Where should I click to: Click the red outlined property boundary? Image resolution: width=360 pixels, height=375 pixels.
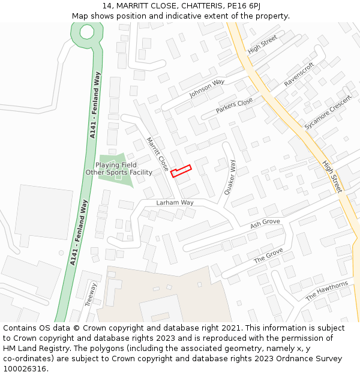click(181, 170)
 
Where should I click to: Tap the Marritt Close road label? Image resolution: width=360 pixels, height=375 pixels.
click(158, 154)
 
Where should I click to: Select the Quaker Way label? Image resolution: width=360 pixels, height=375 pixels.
click(230, 178)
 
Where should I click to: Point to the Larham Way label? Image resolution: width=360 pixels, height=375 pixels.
click(175, 203)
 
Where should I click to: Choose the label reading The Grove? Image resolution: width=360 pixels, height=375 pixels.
click(268, 256)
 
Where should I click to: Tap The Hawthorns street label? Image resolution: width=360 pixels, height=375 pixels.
click(326, 291)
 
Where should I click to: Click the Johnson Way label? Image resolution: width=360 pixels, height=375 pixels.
click(207, 88)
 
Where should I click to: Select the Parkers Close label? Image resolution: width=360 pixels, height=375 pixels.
click(235, 106)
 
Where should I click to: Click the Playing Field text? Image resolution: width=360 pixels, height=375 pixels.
click(116, 165)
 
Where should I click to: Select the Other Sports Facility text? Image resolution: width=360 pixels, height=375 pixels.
click(119, 173)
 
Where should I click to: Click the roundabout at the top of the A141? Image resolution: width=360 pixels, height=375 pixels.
click(86, 32)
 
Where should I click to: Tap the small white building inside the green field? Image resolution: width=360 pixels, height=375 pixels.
click(118, 176)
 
